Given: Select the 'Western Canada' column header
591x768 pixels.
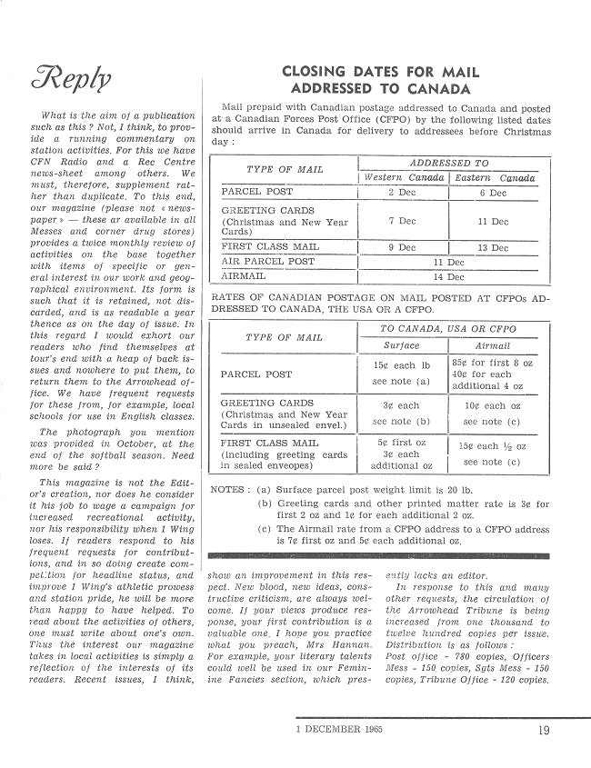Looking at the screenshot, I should pos(404,178).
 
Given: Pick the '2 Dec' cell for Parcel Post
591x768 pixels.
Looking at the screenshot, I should pos(402,193).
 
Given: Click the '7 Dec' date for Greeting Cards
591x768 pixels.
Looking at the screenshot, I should pos(402,221).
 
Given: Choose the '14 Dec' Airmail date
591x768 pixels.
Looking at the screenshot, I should pos(448,276).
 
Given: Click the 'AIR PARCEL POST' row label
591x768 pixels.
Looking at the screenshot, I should pos(268,262).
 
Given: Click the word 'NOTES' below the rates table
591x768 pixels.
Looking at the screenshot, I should pos(226,489).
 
